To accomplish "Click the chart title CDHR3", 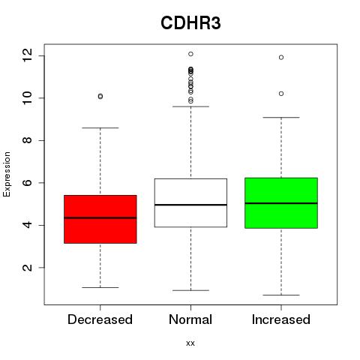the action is pos(190,23).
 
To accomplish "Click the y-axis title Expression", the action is pos(7,174).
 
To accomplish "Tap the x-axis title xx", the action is pos(190,343).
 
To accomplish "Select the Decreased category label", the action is pos(100,319).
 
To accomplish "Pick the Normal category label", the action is pos(190,319).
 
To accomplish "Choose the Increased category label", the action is pos(281,319).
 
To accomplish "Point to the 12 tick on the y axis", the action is pos(28,55).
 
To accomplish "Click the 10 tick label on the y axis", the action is pos(28,98).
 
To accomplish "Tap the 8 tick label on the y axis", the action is pos(28,140).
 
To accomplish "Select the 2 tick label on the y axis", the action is pos(28,268).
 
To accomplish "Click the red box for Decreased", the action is pos(100,219).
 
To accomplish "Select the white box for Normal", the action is pos(190,202).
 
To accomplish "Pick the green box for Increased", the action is pos(281,203).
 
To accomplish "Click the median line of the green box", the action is pos(281,203).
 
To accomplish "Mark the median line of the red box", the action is pos(100,217).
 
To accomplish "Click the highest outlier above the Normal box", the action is pos(190,54).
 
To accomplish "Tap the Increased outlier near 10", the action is pos(281,94).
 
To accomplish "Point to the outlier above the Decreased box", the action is pos(100,96).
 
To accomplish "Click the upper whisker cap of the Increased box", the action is pos(281,117).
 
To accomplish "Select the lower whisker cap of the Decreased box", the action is pos(100,287).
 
